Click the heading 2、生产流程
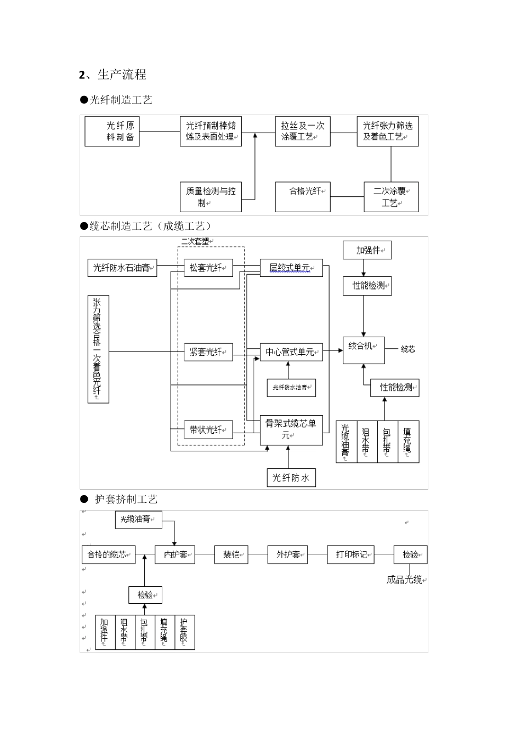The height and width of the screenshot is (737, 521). click(113, 75)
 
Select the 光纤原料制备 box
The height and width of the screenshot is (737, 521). click(112, 132)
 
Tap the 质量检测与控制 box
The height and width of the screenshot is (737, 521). click(211, 197)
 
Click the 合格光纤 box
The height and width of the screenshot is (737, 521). click(303, 197)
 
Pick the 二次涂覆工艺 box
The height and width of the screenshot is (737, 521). click(391, 197)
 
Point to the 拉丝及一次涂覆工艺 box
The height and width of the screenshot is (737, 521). click(303, 132)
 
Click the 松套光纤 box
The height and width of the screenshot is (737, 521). click(208, 268)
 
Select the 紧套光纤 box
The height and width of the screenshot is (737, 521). click(208, 352)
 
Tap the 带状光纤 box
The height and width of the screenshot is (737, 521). click(208, 430)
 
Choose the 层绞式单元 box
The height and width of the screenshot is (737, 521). click(291, 268)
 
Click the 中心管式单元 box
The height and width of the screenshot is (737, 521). click(291, 352)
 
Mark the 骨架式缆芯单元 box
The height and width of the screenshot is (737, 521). click(291, 429)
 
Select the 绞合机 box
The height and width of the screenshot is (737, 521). click(363, 350)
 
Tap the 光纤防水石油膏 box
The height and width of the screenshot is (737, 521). click(122, 268)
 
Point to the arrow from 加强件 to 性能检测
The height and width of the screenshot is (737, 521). click(363, 268)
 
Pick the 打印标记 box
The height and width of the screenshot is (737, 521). click(351, 554)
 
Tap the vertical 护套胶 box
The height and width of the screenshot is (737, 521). click(184, 632)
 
